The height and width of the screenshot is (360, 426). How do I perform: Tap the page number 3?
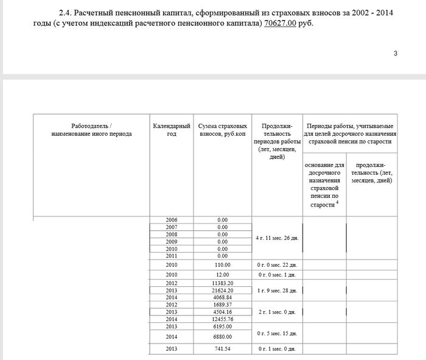pyautogui.click(x=396, y=54)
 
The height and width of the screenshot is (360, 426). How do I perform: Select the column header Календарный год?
pyautogui.click(x=172, y=130)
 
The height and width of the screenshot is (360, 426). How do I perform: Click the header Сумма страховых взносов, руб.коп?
pyautogui.click(x=222, y=130)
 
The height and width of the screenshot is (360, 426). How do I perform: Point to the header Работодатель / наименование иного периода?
pyautogui.click(x=92, y=130)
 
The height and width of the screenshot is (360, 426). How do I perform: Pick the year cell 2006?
pyautogui.click(x=172, y=220)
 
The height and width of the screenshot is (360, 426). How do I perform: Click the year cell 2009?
pyautogui.click(x=172, y=242)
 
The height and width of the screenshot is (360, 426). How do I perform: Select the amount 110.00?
pyautogui.click(x=222, y=265)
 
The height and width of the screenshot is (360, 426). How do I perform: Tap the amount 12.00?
pyautogui.click(x=222, y=275)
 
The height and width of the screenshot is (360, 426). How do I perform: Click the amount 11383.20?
pyautogui.click(x=222, y=284)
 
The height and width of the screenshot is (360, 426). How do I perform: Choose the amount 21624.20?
pyautogui.click(x=222, y=291)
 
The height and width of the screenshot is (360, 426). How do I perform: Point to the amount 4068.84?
pyautogui.click(x=222, y=297)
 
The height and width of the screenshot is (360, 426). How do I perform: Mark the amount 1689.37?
pyautogui.click(x=222, y=305)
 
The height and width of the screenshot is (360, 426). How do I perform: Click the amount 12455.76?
pyautogui.click(x=222, y=319)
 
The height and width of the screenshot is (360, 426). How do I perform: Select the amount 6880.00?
pyautogui.click(x=222, y=337)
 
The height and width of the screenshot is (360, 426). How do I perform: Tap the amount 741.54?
pyautogui.click(x=222, y=349)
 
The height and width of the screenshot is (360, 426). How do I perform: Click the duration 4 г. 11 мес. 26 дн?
pyautogui.click(x=278, y=238)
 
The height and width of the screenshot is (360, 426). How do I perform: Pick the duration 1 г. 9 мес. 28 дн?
pyautogui.click(x=278, y=291)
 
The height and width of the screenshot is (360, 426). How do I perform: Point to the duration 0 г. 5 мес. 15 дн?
pyautogui.click(x=278, y=333)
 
